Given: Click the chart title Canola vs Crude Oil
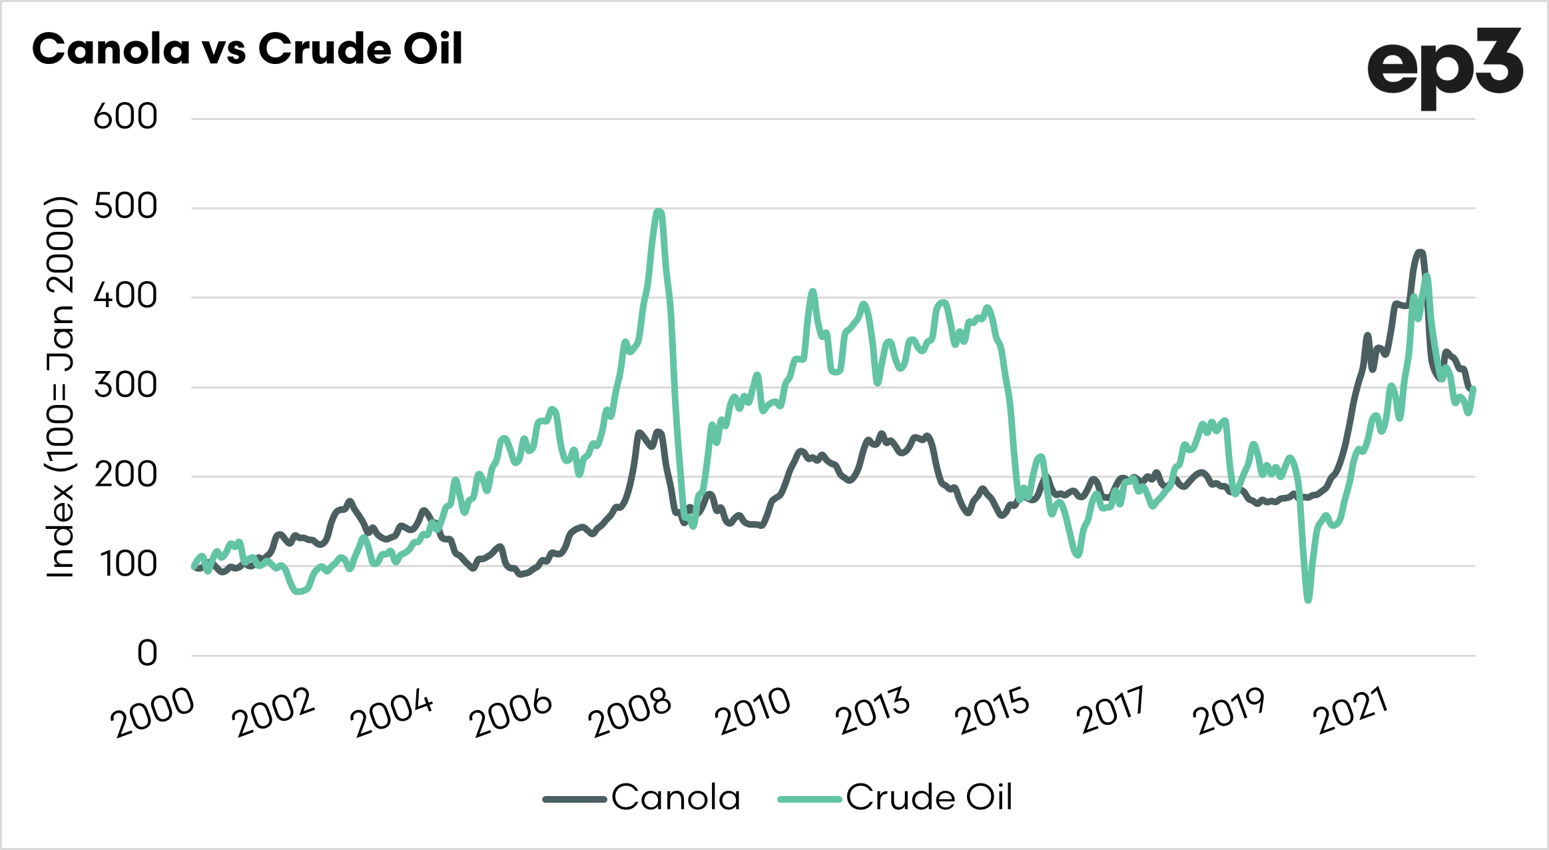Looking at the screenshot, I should tap(247, 49).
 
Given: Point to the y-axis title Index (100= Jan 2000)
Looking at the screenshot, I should tap(60, 386).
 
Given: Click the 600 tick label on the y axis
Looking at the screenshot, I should tap(125, 117).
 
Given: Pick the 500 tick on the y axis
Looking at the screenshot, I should tap(125, 207).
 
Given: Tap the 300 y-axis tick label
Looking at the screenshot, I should tap(125, 386).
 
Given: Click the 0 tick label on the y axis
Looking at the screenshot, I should tap(147, 654).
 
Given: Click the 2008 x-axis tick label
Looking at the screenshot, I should tap(631, 713).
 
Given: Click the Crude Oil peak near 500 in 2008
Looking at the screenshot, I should tap(659, 212).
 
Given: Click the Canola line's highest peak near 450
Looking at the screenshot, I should tap(1419, 252).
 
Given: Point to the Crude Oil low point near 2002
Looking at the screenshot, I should tap(299, 591).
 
